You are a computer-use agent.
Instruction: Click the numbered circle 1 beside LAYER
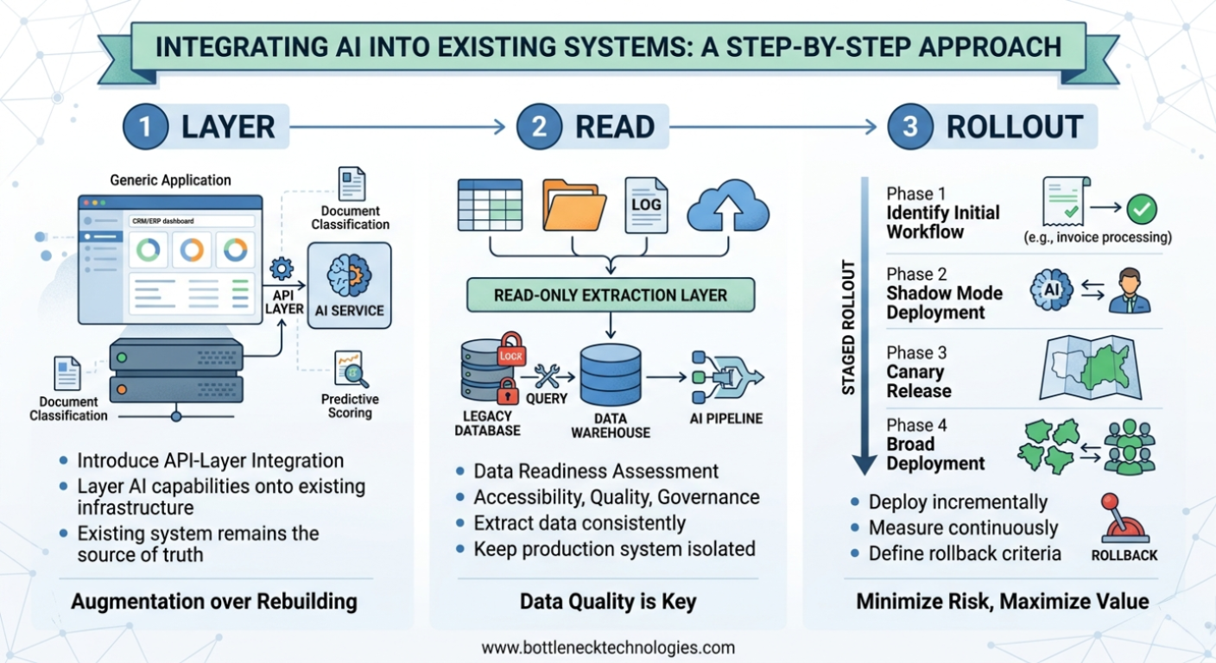click(145, 127)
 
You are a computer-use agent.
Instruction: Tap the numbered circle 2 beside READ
click(540, 127)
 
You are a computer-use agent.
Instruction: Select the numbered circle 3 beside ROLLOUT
click(910, 127)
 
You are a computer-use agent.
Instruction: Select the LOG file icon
click(646, 205)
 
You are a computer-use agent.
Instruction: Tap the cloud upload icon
click(731, 205)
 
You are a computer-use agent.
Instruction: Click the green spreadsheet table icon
click(490, 205)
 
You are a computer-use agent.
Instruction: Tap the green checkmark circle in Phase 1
click(1143, 208)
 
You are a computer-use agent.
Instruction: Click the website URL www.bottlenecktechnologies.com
click(608, 647)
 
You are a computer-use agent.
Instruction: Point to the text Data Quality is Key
click(608, 602)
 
